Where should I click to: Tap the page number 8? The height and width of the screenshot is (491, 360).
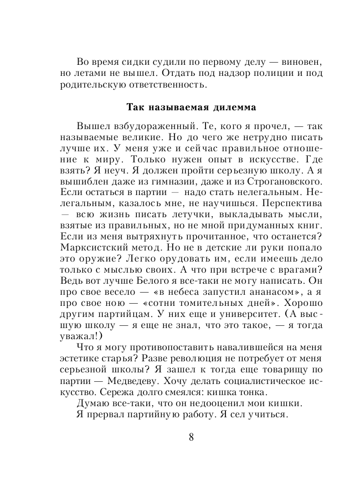pyautogui.click(x=191, y=436)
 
